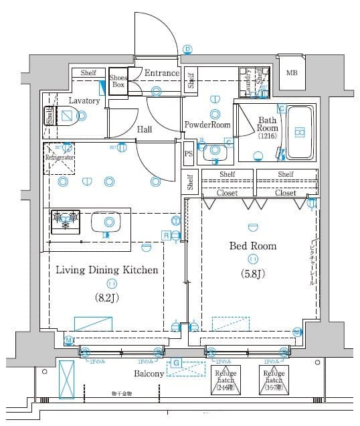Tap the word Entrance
163,73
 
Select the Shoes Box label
118,81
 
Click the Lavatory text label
84,101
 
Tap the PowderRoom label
207,125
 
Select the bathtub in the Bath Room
300,133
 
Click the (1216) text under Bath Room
268,136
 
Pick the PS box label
189,153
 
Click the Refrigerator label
60,157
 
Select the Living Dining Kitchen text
106,270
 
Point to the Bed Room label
253,246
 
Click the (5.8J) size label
253,273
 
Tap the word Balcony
149,373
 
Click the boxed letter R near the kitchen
165,234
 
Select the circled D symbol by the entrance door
188,49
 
